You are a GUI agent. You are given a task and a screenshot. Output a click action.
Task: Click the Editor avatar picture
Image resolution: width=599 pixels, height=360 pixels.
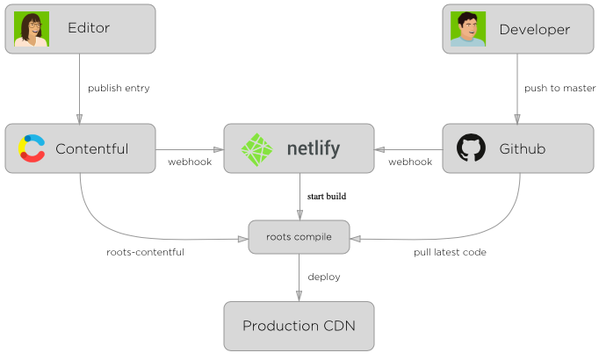tap(32, 29)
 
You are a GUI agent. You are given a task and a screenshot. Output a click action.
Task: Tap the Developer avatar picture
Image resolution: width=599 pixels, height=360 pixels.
tap(468, 29)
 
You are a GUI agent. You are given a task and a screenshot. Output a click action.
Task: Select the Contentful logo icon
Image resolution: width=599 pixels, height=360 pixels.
tap(32, 148)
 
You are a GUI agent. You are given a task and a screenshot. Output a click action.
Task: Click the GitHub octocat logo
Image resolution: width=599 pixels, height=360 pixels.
tap(472, 148)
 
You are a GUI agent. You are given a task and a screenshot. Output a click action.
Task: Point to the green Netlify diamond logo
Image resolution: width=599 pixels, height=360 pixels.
tap(259, 149)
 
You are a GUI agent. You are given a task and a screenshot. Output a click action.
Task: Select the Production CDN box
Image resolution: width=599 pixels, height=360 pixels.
tap(299, 326)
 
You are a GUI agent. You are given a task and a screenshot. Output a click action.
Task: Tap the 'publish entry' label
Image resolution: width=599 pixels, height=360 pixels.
tap(118, 88)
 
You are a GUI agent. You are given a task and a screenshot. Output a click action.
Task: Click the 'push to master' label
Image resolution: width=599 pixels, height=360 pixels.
tap(559, 88)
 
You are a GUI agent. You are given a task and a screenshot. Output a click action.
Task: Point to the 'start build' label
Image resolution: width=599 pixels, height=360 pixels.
tap(327, 197)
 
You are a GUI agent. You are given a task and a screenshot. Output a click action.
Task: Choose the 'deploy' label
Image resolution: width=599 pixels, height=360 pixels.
tap(324, 277)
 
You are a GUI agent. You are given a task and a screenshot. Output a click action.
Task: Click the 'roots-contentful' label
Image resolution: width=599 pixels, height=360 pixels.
tap(145, 252)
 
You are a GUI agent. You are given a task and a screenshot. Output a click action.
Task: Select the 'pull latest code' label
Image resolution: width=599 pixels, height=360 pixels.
tap(450, 252)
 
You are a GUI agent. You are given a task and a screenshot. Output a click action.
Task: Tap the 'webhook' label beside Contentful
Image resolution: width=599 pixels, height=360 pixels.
tap(190, 162)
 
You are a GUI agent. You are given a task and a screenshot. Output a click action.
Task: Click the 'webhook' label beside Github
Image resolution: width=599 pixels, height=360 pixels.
tap(410, 162)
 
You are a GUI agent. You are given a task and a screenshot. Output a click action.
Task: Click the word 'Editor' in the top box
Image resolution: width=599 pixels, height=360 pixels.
tap(89, 28)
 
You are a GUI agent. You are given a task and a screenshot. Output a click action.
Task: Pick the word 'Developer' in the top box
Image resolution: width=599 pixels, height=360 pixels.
tap(534, 29)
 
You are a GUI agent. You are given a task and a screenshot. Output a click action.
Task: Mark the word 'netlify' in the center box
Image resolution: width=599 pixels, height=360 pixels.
tap(325, 148)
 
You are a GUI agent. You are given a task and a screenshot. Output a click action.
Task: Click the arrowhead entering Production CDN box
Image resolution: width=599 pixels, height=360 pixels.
tap(299, 297)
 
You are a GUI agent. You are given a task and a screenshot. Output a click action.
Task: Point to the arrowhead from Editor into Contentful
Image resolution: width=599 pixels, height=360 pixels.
tap(80, 119)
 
